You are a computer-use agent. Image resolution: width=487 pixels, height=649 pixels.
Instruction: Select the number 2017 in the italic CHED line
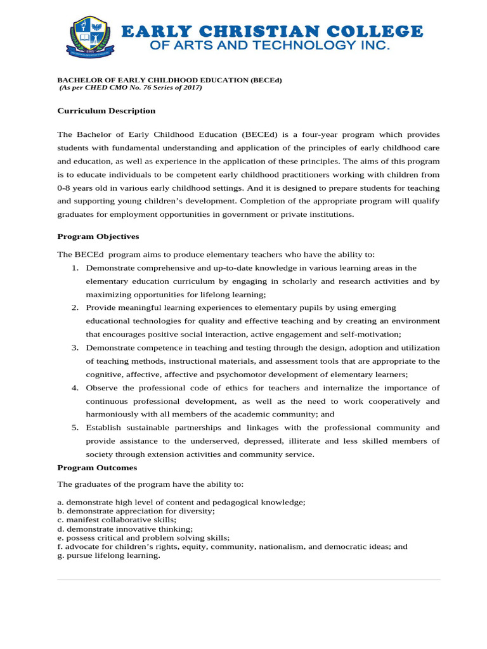click(x=190, y=87)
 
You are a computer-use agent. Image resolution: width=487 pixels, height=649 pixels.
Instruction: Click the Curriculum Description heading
click(x=107, y=111)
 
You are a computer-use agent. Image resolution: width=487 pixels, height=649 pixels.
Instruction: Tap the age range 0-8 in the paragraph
click(x=67, y=188)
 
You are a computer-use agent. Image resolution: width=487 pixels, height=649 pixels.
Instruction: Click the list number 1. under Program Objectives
click(x=75, y=268)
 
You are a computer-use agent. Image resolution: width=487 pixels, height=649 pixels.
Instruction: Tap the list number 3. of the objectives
click(x=75, y=347)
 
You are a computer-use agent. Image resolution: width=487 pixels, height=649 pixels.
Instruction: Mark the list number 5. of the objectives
click(x=75, y=427)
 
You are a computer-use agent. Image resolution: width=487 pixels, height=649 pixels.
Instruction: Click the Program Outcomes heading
click(x=97, y=468)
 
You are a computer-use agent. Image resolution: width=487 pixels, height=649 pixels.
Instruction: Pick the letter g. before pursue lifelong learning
click(x=60, y=555)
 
